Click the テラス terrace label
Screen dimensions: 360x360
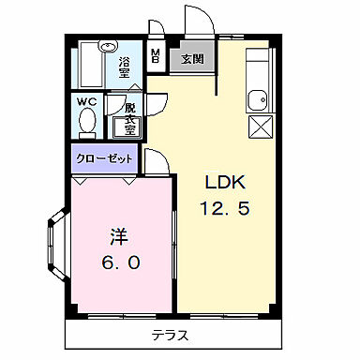tap(170, 335)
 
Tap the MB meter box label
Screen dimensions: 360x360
tap(156, 55)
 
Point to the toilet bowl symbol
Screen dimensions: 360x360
tap(87, 122)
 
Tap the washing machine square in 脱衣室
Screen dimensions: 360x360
tap(126, 125)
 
